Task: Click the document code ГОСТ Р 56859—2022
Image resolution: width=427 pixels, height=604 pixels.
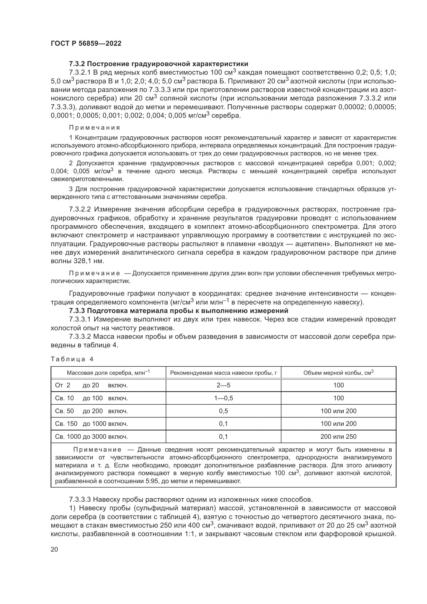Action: [x=86, y=44]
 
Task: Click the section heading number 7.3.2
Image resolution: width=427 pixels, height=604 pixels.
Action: [x=77, y=64]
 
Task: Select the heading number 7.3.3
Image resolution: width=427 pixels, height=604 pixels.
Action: [x=77, y=311]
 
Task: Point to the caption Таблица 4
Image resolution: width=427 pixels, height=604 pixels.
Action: [x=72, y=359]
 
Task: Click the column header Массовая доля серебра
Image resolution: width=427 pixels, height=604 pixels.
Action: [x=108, y=373]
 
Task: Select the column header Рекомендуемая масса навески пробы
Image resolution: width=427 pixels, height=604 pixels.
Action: [x=223, y=373]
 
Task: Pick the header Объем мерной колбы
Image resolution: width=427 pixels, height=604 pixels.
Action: [x=338, y=373]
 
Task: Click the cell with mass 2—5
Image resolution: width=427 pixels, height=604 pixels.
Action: [x=223, y=385]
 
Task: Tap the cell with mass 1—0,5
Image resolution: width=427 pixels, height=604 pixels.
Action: [x=223, y=398]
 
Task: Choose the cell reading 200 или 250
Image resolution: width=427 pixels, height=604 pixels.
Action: [x=338, y=437]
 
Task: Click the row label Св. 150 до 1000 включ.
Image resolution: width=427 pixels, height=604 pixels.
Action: [x=91, y=424]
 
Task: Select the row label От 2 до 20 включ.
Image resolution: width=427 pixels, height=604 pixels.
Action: [x=91, y=385]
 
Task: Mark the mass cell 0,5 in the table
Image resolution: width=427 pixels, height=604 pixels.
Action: [x=223, y=411]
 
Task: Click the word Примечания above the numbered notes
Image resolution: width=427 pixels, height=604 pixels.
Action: [x=94, y=128]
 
